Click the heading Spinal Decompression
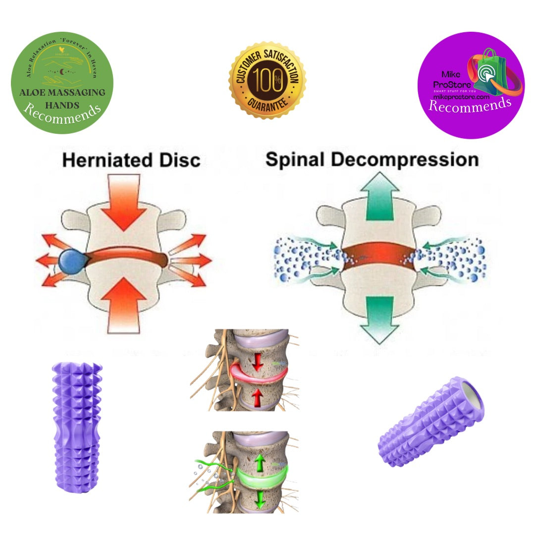(x=372, y=160)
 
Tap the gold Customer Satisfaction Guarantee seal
(x=267, y=80)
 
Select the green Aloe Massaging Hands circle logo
(x=62, y=82)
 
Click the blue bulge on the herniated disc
(x=71, y=262)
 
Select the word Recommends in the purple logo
(x=469, y=105)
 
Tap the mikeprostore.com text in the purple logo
(x=461, y=98)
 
